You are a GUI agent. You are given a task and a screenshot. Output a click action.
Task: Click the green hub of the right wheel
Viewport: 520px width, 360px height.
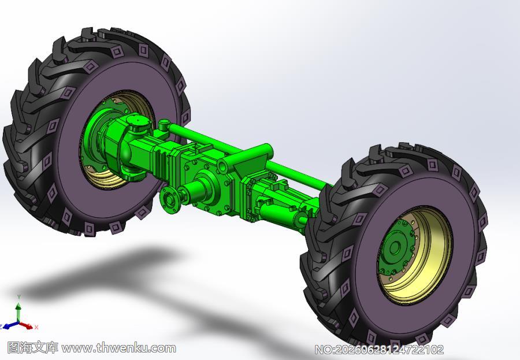coord(396,247)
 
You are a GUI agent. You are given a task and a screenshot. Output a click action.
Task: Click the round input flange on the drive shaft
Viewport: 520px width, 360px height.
coord(170,199)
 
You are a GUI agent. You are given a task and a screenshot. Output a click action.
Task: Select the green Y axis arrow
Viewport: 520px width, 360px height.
coord(18,308)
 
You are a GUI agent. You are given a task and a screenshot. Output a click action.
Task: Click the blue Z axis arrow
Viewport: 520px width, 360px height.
coord(10,325)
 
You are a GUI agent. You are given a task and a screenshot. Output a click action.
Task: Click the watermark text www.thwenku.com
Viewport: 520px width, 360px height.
coord(118,348)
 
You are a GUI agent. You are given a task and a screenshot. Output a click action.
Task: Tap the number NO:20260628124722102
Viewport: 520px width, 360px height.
coord(378,350)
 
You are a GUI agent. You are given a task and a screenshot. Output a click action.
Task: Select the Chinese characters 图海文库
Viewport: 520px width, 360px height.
coord(32,348)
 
